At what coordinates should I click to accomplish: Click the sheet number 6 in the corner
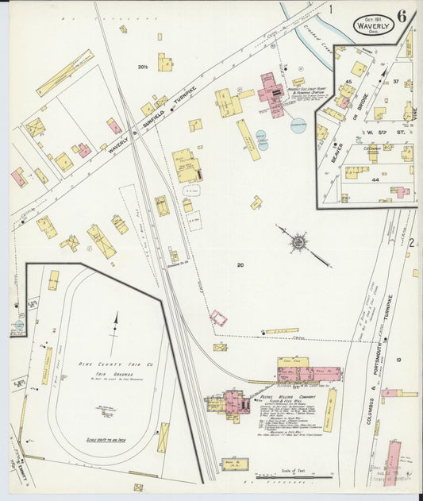[402, 16]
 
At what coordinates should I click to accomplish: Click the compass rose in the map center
[298, 239]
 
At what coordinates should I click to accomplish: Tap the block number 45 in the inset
[348, 82]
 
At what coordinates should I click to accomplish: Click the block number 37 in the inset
[394, 81]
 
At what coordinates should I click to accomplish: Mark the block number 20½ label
[144, 67]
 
